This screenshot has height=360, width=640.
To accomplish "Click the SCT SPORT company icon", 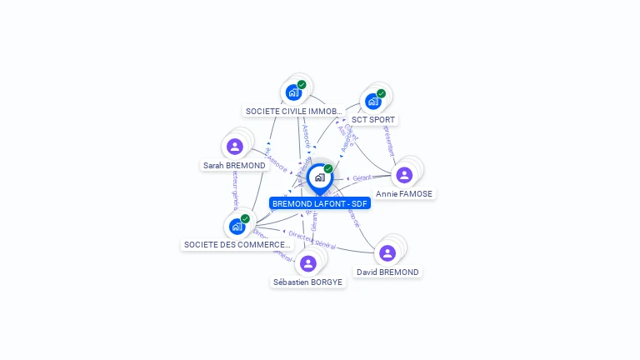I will point(372,102).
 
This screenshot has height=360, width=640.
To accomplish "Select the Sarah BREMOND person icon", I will point(234,147).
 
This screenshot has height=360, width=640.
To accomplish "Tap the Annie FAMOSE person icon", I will point(404,175).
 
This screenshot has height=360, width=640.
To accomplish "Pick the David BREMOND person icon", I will point(387,253).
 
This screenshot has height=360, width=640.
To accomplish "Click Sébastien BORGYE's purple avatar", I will point(307,263).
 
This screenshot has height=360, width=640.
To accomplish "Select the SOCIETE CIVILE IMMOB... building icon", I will point(292,92).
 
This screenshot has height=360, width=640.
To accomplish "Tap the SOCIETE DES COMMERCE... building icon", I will point(237,226).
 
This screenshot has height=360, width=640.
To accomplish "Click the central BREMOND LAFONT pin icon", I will point(319,177).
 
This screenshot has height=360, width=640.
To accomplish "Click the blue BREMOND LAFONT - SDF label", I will point(320,203).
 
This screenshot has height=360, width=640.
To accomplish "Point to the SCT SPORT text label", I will point(372,120).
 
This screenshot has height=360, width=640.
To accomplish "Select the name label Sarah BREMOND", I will point(234,166).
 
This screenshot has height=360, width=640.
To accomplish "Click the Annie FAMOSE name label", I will point(405,193).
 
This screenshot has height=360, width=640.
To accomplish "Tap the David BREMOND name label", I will point(387,272).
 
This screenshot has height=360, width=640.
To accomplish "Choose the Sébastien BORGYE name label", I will point(307,282).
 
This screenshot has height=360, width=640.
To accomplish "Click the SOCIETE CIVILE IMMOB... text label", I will point(293,111).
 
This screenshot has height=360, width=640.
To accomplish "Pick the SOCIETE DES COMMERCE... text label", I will point(237,245).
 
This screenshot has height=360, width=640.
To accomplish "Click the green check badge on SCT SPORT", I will point(381,93).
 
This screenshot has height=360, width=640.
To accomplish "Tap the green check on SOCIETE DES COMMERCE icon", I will point(245,218).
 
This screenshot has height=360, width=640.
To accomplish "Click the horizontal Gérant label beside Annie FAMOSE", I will point(362,178).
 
